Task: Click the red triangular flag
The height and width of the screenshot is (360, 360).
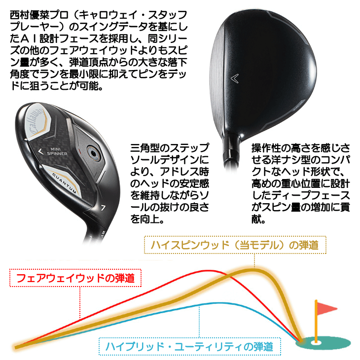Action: coord(326,308)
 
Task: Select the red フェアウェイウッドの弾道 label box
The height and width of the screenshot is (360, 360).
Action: coord(75,278)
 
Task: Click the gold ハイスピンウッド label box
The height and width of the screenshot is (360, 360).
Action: coord(235,245)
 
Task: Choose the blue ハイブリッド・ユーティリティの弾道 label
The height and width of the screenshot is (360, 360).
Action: coord(190,347)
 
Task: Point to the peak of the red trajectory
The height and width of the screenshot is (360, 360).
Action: coord(208,271)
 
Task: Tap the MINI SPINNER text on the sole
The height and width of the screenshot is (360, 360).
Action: coord(57,151)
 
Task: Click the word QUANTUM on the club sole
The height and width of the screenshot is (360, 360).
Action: coord(65,182)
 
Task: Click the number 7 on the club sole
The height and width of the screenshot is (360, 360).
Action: coord(103,208)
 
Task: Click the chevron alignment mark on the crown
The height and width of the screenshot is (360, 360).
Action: coord(235,79)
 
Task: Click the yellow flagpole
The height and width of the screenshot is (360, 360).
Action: coord(316,321)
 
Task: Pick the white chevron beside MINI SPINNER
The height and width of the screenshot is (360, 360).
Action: coord(40,151)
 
